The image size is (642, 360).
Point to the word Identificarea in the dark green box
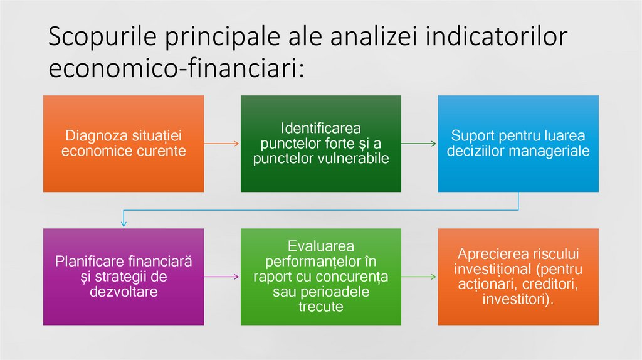(x=320, y=129)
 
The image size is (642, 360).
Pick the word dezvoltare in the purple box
(x=124, y=292)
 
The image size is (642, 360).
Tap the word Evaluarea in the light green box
(x=320, y=246)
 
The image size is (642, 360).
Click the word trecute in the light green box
(x=320, y=307)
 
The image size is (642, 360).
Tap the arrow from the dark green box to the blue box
(x=419, y=144)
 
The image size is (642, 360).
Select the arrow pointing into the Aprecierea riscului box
(x=419, y=277)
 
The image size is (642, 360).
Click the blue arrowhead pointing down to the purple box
(x=124, y=223)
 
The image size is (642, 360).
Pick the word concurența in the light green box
(x=358, y=277)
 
